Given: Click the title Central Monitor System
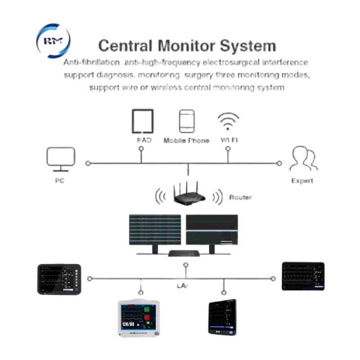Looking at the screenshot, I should click(187, 46).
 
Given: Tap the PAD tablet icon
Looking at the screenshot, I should click(142, 121).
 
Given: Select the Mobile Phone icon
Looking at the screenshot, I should click(186, 121).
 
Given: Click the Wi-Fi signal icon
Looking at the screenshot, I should click(228, 121).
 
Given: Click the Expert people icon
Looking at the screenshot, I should click(303, 159).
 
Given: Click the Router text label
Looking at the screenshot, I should click(240, 197).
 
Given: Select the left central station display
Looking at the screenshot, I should click(155, 229).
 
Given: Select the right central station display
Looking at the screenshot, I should click(212, 229).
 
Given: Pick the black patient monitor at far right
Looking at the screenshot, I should click(302, 276).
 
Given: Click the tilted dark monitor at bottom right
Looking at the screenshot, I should click(222, 317).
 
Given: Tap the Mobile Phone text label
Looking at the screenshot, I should click(186, 140).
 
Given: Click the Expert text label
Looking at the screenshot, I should click(302, 180).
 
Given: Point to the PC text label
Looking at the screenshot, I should click(60, 180).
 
